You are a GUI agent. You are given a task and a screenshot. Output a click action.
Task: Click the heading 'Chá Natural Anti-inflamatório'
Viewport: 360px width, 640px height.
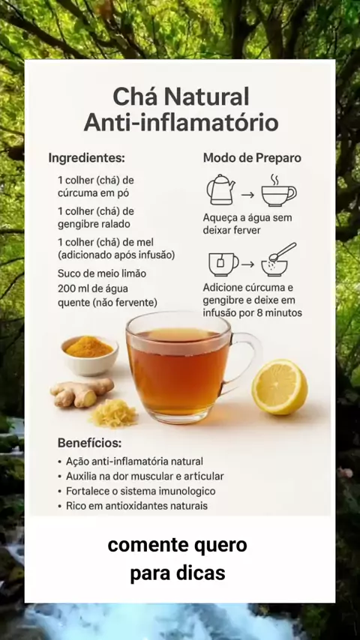click(181, 110)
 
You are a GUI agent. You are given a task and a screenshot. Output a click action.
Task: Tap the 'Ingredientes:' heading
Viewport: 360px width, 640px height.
click(87, 158)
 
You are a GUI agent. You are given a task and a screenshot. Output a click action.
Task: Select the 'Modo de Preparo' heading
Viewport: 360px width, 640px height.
click(252, 158)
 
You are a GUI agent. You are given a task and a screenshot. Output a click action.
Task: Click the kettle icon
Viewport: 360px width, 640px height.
click(221, 190)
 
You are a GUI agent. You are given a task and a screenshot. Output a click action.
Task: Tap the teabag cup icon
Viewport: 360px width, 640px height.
click(223, 265)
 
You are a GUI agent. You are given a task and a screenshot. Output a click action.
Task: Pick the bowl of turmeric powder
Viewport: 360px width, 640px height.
click(89, 355)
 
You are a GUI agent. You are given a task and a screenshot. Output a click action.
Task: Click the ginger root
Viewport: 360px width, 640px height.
click(81, 392)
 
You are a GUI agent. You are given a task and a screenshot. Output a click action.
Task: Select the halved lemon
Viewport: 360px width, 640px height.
click(280, 387)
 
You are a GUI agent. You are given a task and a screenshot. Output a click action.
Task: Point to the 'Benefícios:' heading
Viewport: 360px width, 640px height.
click(89, 443)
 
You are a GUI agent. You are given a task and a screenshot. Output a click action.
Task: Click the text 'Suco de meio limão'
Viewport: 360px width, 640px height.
click(102, 273)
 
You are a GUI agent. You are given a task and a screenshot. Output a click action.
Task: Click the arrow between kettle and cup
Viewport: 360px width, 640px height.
click(248, 195)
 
